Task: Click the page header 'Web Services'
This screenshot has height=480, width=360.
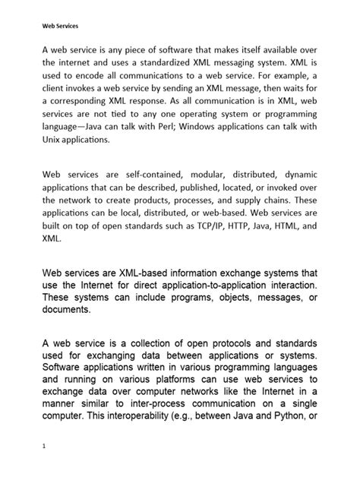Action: pyautogui.click(x=58, y=24)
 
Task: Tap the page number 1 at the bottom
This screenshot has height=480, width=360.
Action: pyautogui.click(x=45, y=447)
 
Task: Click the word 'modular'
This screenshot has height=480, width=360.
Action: pyautogui.click(x=210, y=175)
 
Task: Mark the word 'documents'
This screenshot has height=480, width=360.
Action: pyautogui.click(x=66, y=309)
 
